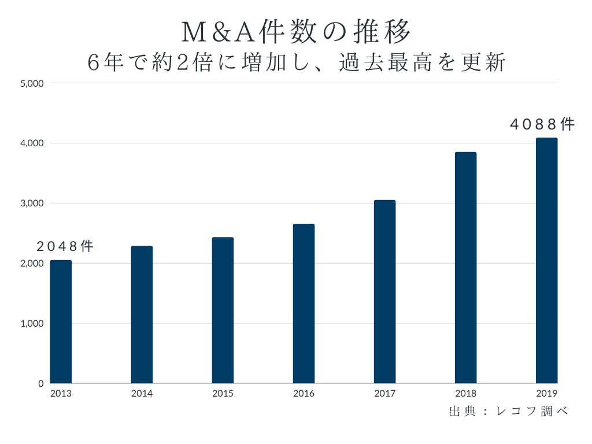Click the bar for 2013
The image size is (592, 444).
click(x=61, y=321)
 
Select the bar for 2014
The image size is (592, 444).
click(x=142, y=314)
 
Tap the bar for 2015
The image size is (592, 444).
click(x=223, y=310)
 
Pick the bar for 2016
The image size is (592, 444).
click(x=304, y=304)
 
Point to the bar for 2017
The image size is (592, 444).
click(x=384, y=291)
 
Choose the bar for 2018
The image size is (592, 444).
click(x=465, y=268)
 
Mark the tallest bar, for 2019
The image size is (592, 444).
click(x=546, y=260)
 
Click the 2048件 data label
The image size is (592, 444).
click(x=65, y=246)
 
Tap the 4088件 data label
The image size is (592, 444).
click(x=542, y=124)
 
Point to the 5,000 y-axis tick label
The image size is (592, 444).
click(x=32, y=83)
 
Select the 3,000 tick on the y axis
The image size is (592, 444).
click(x=32, y=203)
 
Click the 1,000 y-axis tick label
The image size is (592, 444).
click(x=32, y=324)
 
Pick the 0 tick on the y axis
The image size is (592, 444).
click(x=40, y=384)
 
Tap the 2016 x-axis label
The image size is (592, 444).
click(x=304, y=394)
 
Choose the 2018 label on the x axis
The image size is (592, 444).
click(x=465, y=394)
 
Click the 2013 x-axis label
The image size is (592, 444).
click(x=61, y=394)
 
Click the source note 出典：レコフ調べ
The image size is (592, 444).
click(x=508, y=412)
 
